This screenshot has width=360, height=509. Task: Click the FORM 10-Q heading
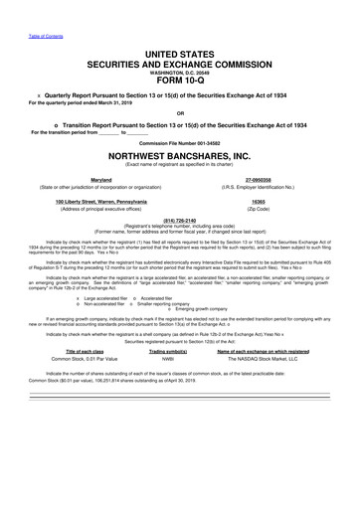click(179, 83)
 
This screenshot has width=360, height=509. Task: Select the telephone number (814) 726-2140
click(179, 249)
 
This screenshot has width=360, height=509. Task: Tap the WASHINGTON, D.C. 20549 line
click(179, 72)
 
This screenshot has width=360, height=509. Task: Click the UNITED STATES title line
click(179, 50)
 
